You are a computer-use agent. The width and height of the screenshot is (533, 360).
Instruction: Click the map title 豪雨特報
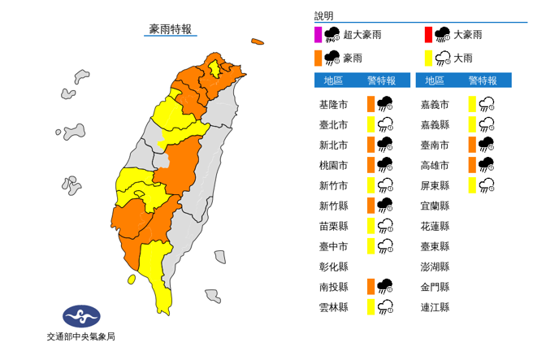click(x=171, y=29)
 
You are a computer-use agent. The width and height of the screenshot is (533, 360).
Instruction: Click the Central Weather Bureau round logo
click(x=80, y=315)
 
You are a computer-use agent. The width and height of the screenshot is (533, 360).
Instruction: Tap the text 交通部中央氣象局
click(x=80, y=337)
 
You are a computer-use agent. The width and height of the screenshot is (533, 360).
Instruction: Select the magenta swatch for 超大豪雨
click(x=318, y=34)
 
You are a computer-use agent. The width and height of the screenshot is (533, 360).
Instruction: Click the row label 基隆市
click(x=334, y=104)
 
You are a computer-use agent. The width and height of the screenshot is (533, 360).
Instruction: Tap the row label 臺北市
click(x=334, y=124)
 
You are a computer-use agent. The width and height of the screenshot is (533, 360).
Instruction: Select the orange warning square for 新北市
click(x=370, y=145)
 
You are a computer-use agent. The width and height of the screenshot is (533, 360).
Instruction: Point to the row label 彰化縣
click(x=334, y=267)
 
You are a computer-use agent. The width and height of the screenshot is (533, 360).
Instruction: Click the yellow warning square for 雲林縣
click(x=370, y=307)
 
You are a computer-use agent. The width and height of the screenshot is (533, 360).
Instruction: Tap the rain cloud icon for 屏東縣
click(x=487, y=185)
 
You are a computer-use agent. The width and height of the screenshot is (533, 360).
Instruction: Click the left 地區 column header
click(x=334, y=80)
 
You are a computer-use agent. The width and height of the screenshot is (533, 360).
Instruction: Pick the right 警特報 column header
click(x=483, y=80)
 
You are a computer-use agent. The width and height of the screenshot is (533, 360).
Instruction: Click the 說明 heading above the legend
click(x=324, y=15)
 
